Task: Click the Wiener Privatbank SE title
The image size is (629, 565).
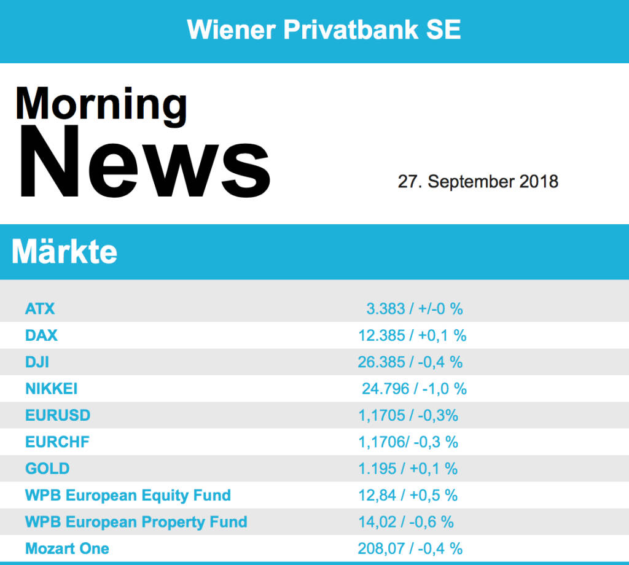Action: (x=324, y=29)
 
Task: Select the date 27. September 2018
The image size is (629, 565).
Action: (x=478, y=182)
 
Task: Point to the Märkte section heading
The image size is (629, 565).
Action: (x=64, y=252)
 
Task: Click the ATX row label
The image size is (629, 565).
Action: (x=40, y=308)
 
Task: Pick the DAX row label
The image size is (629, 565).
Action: (x=41, y=335)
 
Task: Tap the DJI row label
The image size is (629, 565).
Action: (x=37, y=362)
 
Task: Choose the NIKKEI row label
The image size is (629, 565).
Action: (x=51, y=389)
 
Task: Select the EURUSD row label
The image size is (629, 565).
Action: (x=58, y=415)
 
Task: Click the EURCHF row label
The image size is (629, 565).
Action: (x=58, y=442)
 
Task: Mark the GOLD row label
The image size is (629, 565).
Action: (x=47, y=469)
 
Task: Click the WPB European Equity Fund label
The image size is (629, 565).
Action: (x=128, y=495)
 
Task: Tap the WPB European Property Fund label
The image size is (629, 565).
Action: (x=136, y=522)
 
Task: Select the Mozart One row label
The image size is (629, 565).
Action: (x=67, y=548)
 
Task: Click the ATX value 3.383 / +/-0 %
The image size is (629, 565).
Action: (x=415, y=308)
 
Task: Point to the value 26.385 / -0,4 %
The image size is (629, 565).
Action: (x=410, y=362)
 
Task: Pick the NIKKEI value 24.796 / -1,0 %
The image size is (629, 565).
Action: (x=414, y=389)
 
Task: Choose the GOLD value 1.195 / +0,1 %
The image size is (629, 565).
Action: (x=408, y=469)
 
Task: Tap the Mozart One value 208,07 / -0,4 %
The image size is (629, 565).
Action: (x=410, y=548)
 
